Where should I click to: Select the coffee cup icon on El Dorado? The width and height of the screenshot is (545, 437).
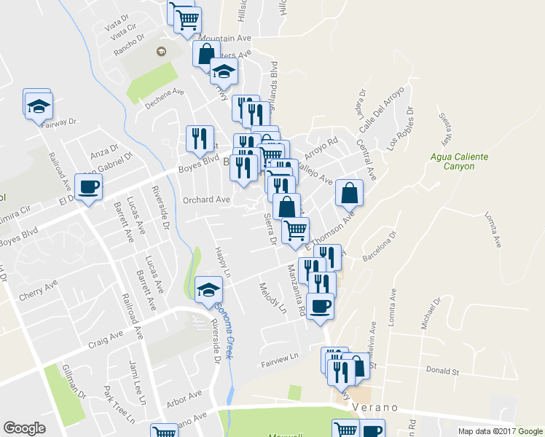pos(89,187)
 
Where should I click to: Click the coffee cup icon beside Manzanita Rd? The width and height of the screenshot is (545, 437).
pos(320,306)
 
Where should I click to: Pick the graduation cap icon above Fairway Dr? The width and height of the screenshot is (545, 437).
pos(36,106)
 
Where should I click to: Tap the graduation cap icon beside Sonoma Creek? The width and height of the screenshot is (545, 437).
pos(209,290)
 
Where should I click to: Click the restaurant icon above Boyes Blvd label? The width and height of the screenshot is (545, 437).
pos(199,138)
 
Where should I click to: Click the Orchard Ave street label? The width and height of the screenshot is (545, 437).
pos(206,200)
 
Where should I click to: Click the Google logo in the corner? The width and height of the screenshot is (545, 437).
pos(24,428)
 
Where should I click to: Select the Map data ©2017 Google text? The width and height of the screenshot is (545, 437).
pos(500,431)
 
